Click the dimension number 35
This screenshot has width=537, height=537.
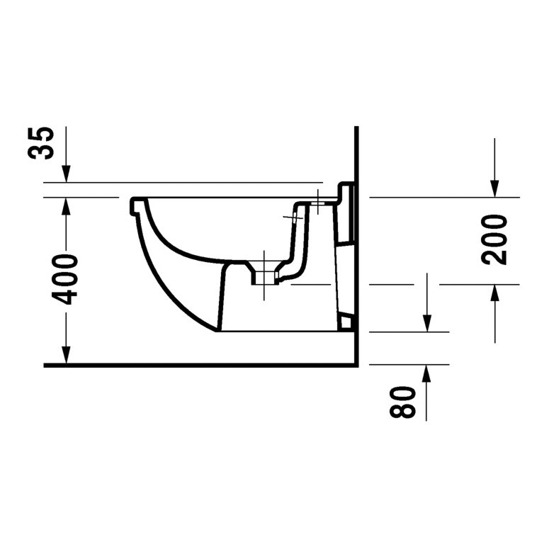click(x=44, y=144)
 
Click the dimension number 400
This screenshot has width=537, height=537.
click(x=67, y=280)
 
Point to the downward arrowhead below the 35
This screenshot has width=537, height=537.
click(x=66, y=174)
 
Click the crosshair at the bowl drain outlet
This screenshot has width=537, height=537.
click(x=264, y=273)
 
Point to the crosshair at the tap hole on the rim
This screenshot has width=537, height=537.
click(x=319, y=203)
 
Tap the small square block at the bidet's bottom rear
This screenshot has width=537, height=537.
click(x=346, y=322)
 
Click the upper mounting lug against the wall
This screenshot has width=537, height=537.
click(x=345, y=193)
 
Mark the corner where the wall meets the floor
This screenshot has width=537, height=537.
click(x=356, y=365)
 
